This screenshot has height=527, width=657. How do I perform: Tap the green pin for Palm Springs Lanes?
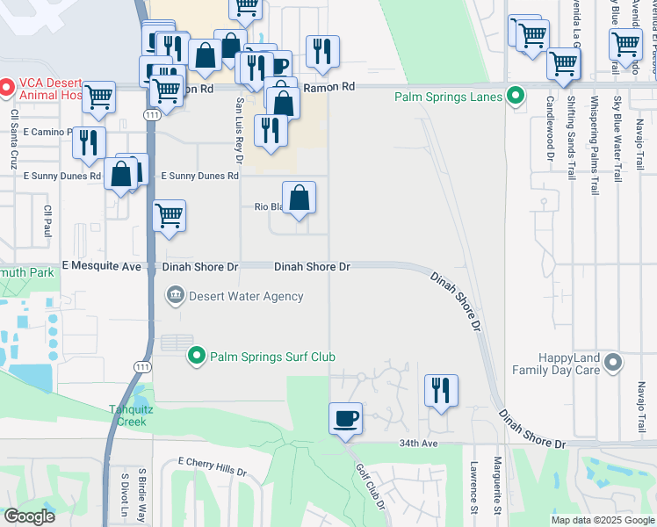pos(516,97)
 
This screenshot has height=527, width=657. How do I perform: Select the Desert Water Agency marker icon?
pos(175,295)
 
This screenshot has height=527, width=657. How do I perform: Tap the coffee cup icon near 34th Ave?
pos(346,417)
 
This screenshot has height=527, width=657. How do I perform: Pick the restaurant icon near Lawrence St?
pos(441,391)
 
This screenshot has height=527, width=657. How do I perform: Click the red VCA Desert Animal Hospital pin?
pos(4,87)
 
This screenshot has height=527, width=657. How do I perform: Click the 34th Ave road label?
pos(417,444)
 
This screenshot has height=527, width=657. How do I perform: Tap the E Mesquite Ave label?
pos(102,266)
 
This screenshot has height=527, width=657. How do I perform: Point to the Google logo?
pos(29,516)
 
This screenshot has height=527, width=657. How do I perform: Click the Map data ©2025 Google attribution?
pos(602,520)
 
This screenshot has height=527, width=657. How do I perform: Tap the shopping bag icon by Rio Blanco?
pos(299,198)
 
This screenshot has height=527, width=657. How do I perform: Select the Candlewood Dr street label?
pos(552,132)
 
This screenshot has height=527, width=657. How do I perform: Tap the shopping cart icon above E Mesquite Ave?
pos(169,215)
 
